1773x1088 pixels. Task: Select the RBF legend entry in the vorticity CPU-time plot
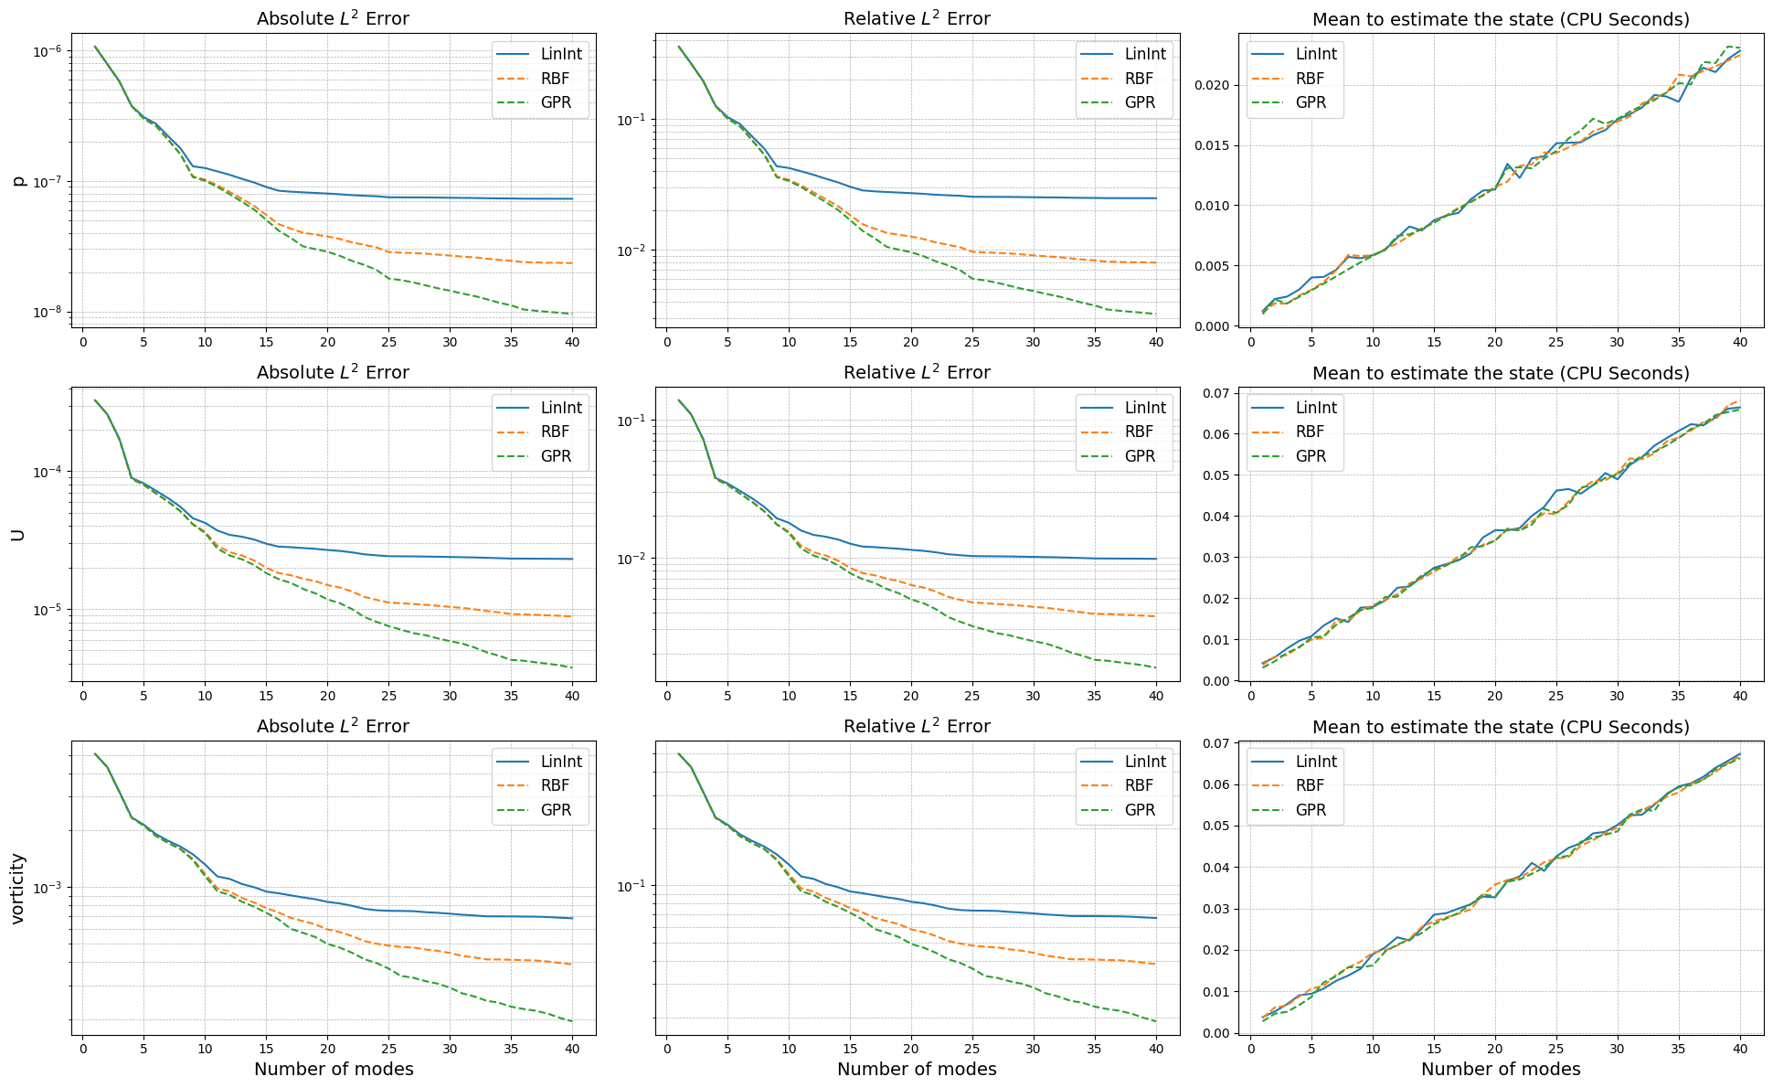pos(1310,785)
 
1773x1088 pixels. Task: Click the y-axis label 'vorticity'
pos(18,889)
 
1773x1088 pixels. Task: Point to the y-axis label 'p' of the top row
pos(18,181)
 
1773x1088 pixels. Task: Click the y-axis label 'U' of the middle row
pos(18,535)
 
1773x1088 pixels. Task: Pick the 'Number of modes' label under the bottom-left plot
pos(334,1069)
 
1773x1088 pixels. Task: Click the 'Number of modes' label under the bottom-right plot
pos(1501,1069)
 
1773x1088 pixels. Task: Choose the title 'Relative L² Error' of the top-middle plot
pos(917,18)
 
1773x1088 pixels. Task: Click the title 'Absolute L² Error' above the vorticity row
pos(333,726)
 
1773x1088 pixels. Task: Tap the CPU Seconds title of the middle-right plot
pos(1501,373)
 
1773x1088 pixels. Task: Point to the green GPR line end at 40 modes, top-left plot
pos(572,314)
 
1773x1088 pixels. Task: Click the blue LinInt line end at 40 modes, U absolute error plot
pos(572,559)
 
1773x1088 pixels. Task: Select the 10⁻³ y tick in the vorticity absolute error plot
pos(46,888)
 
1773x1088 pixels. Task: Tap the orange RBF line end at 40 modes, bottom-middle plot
pos(1156,964)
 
